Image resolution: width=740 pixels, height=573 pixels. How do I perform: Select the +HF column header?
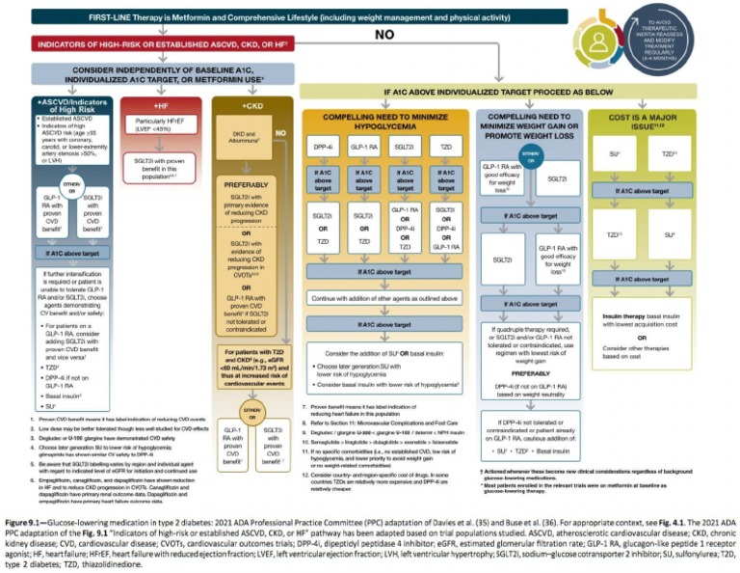tap(162, 103)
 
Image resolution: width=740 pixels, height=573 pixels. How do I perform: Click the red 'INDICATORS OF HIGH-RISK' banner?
tap(158, 44)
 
